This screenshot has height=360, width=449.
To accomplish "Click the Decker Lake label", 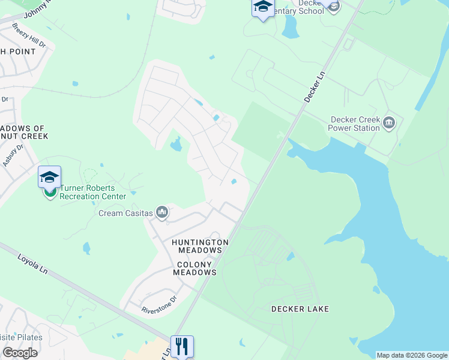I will pos(300,309).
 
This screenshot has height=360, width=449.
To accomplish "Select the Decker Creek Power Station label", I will pos(355,124).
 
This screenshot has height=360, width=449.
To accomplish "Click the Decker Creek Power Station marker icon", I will pos(388,124).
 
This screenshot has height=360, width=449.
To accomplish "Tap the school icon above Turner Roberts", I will pos(49,177).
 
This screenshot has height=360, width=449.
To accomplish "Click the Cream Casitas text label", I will pos(125,213).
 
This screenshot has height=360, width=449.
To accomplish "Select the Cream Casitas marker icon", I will pos(162,212).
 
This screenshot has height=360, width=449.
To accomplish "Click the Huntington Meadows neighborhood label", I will pos(200,247).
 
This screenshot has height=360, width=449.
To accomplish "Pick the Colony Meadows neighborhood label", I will pos(194,268).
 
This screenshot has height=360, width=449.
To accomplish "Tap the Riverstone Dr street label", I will pos(160,304).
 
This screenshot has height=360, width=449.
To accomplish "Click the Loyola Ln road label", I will pos(31,266).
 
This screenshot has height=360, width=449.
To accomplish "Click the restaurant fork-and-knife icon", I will pos(182,346).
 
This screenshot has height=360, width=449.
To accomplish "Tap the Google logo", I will pos(20,353).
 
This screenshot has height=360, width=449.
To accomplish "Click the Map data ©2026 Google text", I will pos(411,355).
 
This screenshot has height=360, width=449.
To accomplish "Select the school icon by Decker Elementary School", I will pos(262,8).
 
